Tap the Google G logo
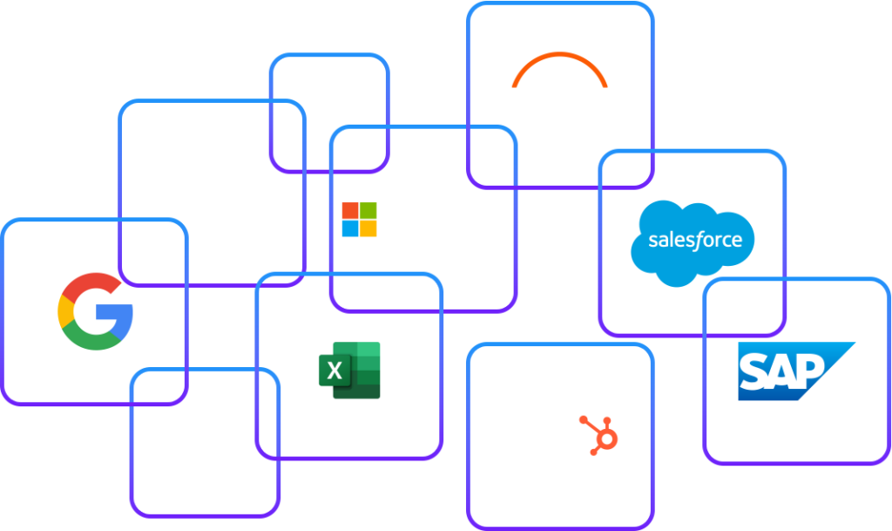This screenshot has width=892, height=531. [x=96, y=311]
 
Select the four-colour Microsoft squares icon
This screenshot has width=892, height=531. [x=359, y=220]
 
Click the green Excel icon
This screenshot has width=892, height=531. [x=350, y=371]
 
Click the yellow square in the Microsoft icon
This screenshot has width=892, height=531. [x=368, y=229]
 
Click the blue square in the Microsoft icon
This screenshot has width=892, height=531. [x=349, y=229]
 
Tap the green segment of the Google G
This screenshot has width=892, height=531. [x=90, y=339]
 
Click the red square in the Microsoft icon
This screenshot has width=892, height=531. [x=349, y=210]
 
